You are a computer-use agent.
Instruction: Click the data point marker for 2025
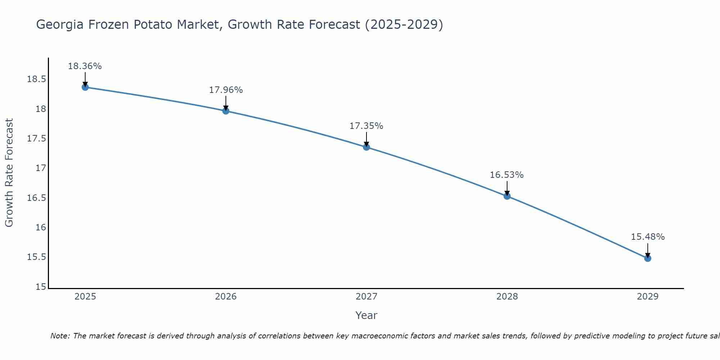(x=85, y=87)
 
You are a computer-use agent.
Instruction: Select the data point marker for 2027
(x=366, y=147)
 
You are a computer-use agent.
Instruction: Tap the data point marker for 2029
(x=648, y=258)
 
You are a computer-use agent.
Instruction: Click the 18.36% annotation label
(x=85, y=66)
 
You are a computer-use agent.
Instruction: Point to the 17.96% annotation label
(x=226, y=90)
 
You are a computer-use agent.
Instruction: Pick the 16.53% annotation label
(x=507, y=175)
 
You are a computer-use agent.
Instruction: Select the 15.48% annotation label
(x=648, y=237)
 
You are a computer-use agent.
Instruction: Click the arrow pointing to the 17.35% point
(x=366, y=139)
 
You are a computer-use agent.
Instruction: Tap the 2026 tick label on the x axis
(x=226, y=297)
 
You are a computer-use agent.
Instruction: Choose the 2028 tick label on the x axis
(x=507, y=297)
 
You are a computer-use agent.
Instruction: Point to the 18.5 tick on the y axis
(x=36, y=79)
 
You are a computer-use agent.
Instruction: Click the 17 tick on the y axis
(x=41, y=168)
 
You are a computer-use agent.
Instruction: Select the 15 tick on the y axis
(x=41, y=287)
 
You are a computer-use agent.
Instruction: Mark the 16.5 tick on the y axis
(x=36, y=198)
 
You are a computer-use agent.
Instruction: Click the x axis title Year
(x=366, y=315)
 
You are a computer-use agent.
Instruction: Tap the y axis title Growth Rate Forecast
(x=9, y=173)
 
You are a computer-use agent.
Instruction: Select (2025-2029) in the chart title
(x=404, y=24)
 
